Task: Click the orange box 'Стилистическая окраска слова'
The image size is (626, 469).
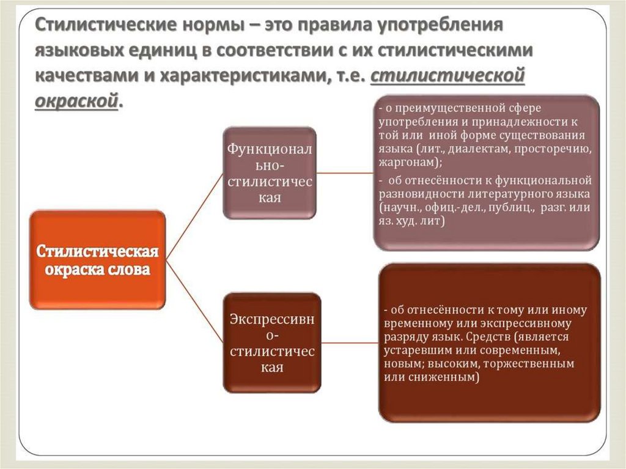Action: pyautogui.click(x=97, y=260)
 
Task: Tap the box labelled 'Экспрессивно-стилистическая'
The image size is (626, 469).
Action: pyautogui.click(x=271, y=342)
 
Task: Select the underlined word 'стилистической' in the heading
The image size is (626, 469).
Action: pyautogui.click(x=448, y=75)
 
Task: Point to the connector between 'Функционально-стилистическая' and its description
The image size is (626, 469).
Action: pyautogui.click(x=345, y=173)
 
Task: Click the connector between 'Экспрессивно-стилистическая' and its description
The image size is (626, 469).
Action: pyautogui.click(x=350, y=342)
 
